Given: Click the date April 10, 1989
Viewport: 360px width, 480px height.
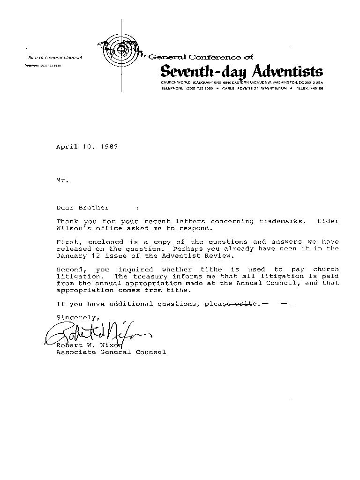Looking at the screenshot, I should pos(87,147).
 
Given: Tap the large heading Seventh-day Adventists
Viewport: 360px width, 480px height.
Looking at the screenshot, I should pos(241,72).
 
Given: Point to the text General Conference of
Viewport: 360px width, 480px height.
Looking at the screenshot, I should pos(201,57).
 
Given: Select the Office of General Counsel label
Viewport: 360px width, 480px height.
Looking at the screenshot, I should pos(55,58).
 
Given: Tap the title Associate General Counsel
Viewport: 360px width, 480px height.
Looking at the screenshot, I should pos(111,352).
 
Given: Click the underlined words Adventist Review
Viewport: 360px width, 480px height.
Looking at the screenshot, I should pos(196,256).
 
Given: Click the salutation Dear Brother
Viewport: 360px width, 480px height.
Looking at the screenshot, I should pos(82,208).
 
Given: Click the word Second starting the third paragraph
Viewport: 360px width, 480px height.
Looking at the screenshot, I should pos(69,270).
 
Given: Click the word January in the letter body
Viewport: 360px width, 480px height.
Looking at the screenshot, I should pos(71,256).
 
